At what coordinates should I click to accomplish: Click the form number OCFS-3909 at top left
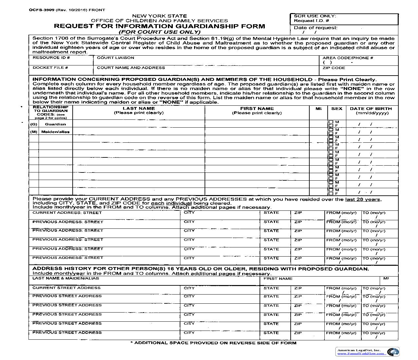tap(42, 10)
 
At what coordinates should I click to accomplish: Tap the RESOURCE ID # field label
tap(51, 58)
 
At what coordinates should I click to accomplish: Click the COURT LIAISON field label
tap(116, 58)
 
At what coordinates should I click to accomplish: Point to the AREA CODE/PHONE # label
tap(348, 58)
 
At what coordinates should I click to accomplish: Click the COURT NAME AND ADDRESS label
tap(131, 68)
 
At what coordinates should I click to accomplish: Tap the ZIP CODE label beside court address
tap(334, 68)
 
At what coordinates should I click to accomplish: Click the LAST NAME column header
tap(138, 108)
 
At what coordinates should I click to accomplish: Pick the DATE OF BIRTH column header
tap(371, 108)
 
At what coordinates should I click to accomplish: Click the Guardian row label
tap(55, 124)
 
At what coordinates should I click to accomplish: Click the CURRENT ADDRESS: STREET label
tap(67, 213)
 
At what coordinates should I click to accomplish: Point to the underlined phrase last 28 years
tap(363, 199)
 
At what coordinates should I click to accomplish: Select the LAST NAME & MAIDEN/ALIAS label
tap(65, 279)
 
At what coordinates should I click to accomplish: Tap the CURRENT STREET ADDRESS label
tap(66, 288)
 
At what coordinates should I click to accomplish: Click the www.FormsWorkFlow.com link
tap(361, 353)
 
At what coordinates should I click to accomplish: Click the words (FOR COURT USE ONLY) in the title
tap(159, 32)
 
